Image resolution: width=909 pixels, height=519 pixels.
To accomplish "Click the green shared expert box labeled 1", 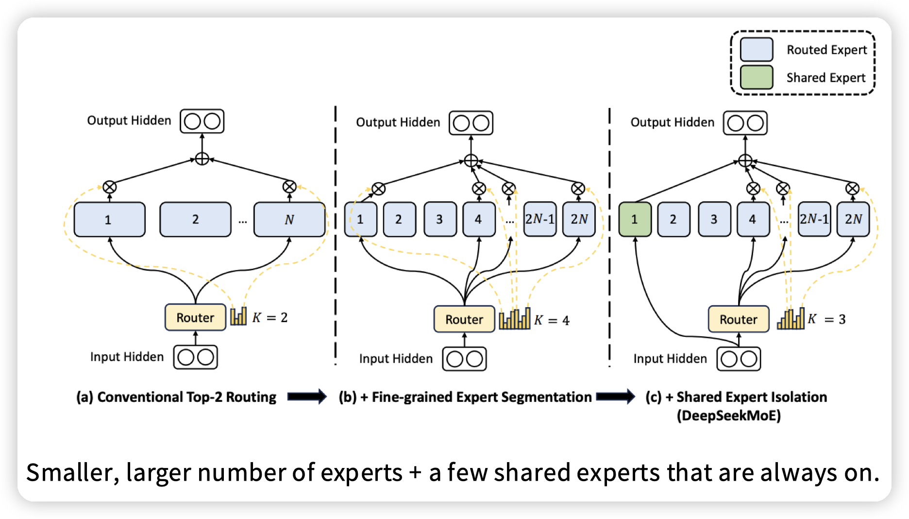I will click(x=635, y=220).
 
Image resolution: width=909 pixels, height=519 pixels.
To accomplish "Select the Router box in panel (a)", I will click(x=195, y=318).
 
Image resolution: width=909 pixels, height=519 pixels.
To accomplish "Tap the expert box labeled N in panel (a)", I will click(x=289, y=220).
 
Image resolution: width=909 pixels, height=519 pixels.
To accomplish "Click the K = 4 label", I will click(x=552, y=320).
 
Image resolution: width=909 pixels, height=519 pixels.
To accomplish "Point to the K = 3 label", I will click(x=826, y=319).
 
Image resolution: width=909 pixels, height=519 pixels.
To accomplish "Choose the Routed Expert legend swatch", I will click(x=756, y=50).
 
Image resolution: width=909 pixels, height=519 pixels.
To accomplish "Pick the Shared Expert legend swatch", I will click(x=756, y=77).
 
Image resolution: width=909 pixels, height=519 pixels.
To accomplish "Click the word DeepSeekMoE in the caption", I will click(x=728, y=416).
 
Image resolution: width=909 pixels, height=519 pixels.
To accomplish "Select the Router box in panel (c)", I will click(x=738, y=319).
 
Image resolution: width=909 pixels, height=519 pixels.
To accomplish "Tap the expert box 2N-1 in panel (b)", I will click(x=539, y=220).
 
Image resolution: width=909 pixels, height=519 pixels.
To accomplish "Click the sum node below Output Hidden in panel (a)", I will click(x=202, y=159).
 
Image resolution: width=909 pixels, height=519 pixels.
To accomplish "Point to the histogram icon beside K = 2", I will click(x=238, y=316).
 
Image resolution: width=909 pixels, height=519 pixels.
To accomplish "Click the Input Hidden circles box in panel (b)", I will click(x=464, y=359).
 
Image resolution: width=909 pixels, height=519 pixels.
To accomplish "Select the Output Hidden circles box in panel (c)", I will click(x=745, y=123).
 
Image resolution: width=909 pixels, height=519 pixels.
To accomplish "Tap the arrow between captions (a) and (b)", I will click(x=307, y=397).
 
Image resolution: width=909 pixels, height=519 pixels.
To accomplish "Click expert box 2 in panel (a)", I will click(x=195, y=220).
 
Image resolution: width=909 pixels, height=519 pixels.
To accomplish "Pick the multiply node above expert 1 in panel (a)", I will click(x=110, y=187).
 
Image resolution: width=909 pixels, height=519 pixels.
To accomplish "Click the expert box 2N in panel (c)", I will click(x=853, y=220).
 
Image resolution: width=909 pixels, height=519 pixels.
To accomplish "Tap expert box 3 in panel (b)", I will click(x=439, y=220).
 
